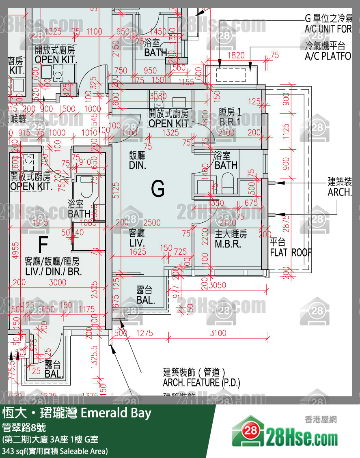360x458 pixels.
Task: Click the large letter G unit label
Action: [158, 188]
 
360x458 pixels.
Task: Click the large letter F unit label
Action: [43, 244]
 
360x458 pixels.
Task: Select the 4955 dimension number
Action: [15, 249]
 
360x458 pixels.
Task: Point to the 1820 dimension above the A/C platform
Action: [236, 56]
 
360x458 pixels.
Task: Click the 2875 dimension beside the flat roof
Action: [286, 221]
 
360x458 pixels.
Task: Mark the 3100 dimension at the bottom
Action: [218, 333]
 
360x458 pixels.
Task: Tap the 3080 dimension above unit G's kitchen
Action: [158, 96]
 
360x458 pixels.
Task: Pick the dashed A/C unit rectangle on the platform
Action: [231, 75]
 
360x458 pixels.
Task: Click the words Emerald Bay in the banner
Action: [116, 413]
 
